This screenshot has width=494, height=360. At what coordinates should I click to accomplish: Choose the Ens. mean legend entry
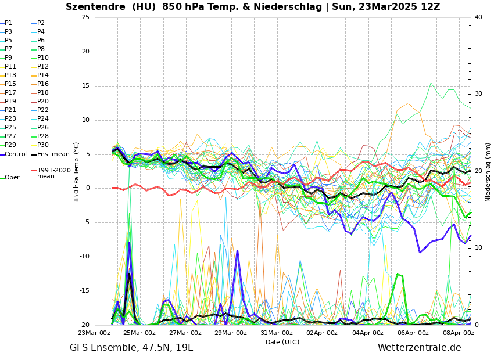53,154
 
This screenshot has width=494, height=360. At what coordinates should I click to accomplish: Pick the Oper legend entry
12,178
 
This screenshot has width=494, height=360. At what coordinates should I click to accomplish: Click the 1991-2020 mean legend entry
53,173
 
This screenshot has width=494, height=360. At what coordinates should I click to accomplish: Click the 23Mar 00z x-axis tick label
94,333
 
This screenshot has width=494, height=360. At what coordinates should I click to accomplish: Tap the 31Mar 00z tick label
276,333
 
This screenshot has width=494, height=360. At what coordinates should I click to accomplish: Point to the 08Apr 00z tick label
458,333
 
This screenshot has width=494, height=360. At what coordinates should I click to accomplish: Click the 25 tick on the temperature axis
85,17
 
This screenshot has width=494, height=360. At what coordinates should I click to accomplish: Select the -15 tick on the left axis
84,291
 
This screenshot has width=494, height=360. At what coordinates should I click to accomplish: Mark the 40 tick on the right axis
478,17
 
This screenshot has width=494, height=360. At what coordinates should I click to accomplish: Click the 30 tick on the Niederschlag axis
478,93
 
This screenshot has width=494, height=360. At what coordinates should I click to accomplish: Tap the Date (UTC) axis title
282,342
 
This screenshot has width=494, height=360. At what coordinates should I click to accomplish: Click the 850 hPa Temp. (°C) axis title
77,171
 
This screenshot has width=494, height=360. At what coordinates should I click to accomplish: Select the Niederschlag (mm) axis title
488,171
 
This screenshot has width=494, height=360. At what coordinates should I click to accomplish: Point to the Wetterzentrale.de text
419,348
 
